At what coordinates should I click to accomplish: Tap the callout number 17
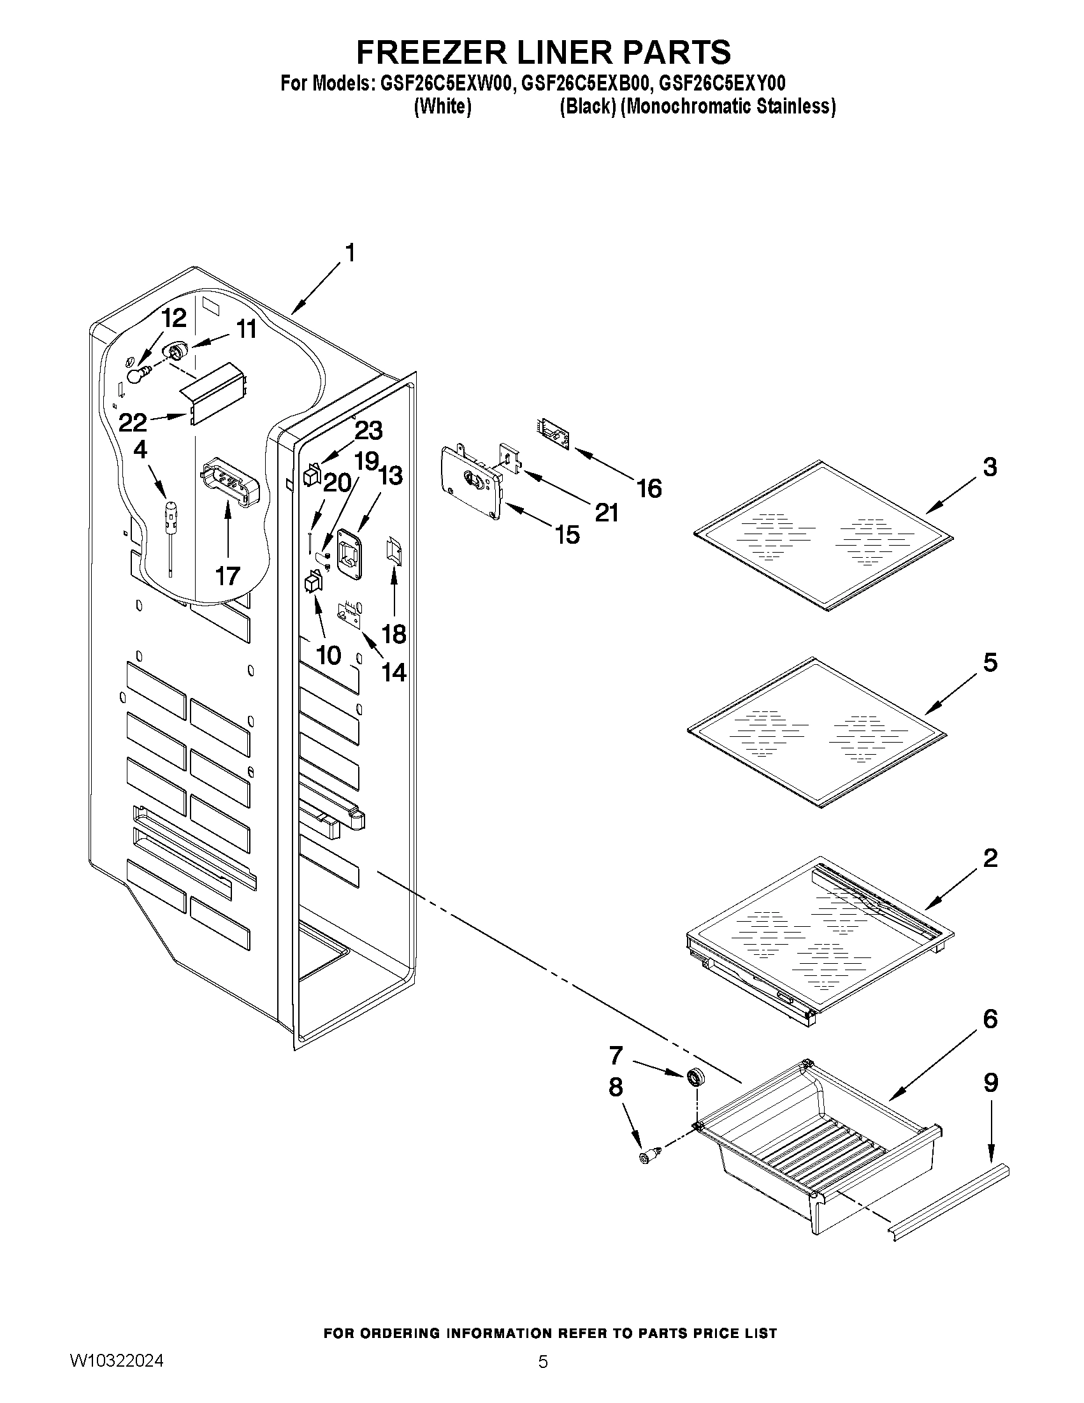(x=228, y=576)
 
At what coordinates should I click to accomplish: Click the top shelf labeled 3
(x=823, y=534)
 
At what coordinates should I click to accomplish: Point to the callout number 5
(x=990, y=662)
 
